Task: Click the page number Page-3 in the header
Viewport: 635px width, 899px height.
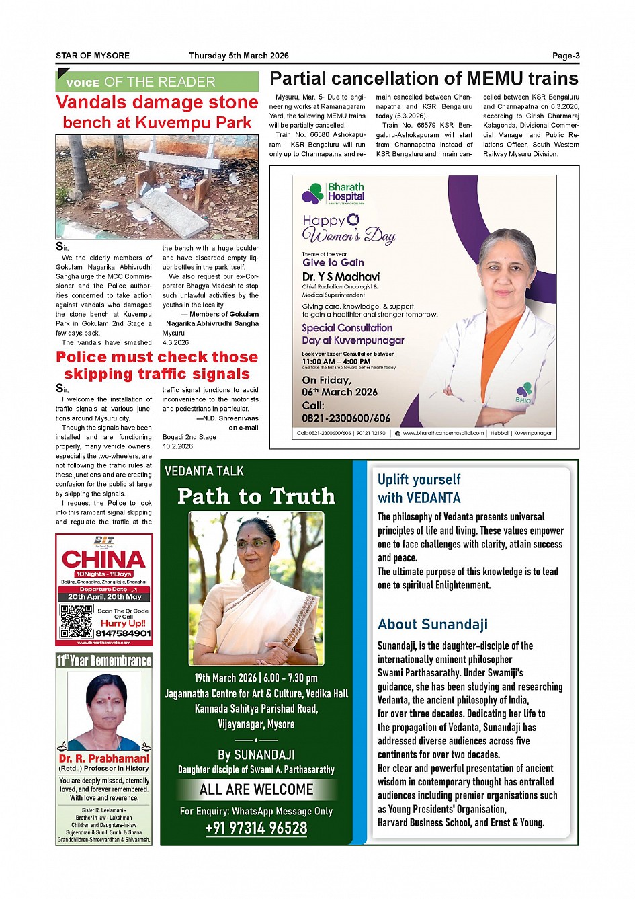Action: pos(566,56)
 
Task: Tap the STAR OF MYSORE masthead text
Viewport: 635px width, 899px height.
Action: pos(93,56)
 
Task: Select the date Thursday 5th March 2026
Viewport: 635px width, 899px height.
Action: pos(239,56)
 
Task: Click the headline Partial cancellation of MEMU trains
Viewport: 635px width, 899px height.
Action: pos(423,79)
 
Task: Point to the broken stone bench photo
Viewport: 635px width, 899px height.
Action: pos(157,186)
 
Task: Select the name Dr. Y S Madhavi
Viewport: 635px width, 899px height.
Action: pos(341,276)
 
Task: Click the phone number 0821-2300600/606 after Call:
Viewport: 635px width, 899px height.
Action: pos(346,418)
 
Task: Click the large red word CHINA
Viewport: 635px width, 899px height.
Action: pos(103,559)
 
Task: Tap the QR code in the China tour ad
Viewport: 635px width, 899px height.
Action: pos(76,621)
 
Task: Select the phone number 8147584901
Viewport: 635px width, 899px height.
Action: pos(123,633)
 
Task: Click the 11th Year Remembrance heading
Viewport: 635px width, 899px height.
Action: pos(104,660)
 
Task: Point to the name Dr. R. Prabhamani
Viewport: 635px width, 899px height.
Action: pos(104,758)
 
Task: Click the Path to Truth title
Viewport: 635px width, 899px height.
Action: pos(256,496)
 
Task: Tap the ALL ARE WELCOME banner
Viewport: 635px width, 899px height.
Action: pos(256,789)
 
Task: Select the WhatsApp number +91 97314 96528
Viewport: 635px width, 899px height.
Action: pos(256,828)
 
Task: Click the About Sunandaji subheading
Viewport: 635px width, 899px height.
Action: pos(432,624)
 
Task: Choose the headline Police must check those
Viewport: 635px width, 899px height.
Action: pos(157,357)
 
